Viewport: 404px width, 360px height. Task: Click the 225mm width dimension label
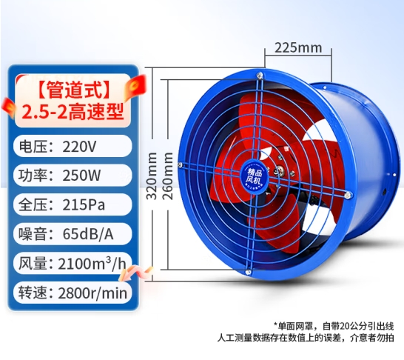[x=298, y=48]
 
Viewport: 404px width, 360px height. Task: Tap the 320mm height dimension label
[x=152, y=176]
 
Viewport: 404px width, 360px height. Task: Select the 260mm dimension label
[x=168, y=176]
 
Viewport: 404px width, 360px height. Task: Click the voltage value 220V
[x=79, y=147]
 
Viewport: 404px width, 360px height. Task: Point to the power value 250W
[x=81, y=176]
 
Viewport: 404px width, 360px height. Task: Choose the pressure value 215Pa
[x=84, y=205]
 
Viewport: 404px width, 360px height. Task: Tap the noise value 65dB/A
[x=88, y=234]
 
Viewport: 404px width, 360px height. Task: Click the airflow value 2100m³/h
[x=92, y=264]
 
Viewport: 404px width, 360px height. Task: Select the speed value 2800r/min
[x=92, y=293]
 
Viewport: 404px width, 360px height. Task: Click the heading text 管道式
[x=73, y=90]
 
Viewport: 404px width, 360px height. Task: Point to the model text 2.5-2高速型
[x=73, y=112]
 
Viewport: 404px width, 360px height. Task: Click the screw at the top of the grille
[x=260, y=76]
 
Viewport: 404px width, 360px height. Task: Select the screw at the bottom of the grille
[x=248, y=272]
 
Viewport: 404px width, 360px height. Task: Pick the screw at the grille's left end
[x=181, y=164]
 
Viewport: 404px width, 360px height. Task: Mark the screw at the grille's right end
[x=348, y=195]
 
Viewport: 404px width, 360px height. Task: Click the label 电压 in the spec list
[x=30, y=147]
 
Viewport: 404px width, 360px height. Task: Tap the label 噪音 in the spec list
[x=30, y=234]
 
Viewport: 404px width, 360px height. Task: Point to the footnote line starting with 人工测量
[x=306, y=338]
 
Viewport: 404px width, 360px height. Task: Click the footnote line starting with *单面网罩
[x=334, y=326]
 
